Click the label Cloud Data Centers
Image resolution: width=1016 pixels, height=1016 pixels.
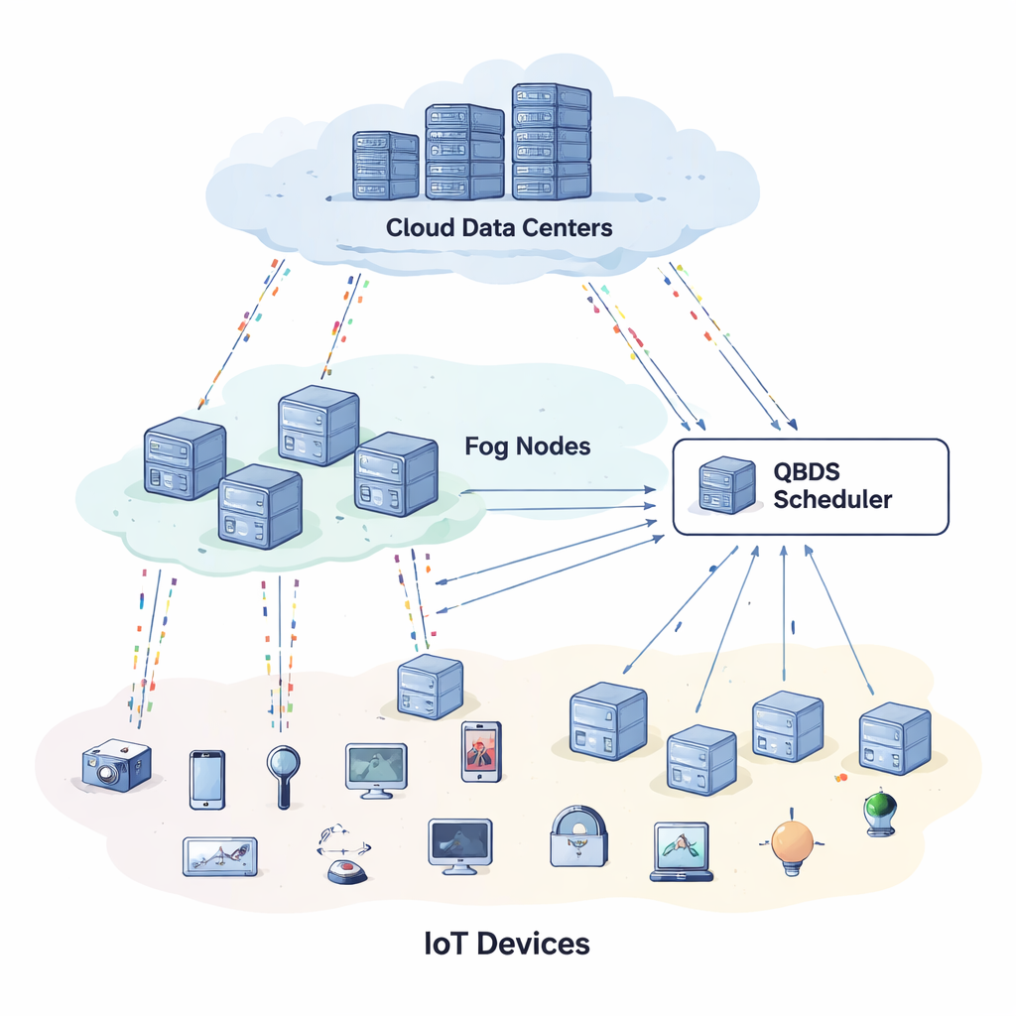[499, 227]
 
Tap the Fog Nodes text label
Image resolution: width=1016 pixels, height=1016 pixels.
[527, 446]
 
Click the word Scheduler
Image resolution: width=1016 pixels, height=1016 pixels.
[831, 498]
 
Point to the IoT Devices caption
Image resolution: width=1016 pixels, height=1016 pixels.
[506, 942]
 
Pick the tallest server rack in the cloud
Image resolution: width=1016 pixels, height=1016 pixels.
[551, 141]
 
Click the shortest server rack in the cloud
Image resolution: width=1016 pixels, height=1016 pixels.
[386, 166]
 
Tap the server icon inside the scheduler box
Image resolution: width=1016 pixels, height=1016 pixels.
[726, 485]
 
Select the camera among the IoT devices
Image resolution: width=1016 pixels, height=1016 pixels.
[116, 765]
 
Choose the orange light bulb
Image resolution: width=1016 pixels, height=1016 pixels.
[793, 844]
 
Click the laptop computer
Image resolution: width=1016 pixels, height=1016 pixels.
[682, 851]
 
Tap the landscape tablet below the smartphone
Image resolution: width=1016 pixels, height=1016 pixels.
[219, 855]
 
